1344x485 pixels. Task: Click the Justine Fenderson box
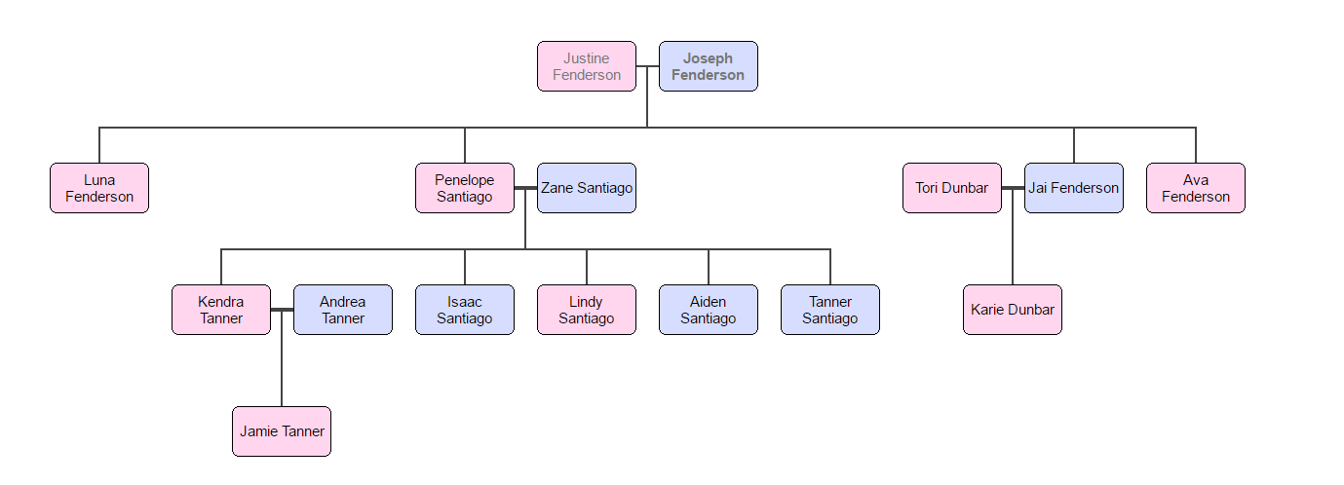[x=586, y=66]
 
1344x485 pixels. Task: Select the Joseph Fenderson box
[x=708, y=66]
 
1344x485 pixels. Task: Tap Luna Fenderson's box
[x=99, y=188]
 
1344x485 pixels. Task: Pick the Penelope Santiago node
[x=464, y=188]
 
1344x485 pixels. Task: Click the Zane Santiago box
[x=587, y=188]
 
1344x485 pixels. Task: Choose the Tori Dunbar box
[x=951, y=188]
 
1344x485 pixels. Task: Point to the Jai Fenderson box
[x=1073, y=188]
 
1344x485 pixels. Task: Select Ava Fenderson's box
[x=1195, y=188]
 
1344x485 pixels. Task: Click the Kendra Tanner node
[x=221, y=310]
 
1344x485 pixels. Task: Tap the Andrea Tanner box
[x=343, y=310]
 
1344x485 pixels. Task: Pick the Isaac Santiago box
[x=464, y=310]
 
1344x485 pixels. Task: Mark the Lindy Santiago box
[x=586, y=310]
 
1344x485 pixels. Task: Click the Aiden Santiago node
[x=708, y=310]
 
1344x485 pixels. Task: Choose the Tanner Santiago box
[x=829, y=310]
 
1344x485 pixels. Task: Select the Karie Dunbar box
[x=1013, y=310]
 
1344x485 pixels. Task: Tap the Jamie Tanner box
[x=282, y=431]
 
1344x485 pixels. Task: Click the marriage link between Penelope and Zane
[x=525, y=188]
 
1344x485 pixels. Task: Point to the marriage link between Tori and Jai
[x=1013, y=188]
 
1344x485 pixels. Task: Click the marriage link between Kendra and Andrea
[x=282, y=310]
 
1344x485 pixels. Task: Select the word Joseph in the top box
[x=708, y=58]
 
